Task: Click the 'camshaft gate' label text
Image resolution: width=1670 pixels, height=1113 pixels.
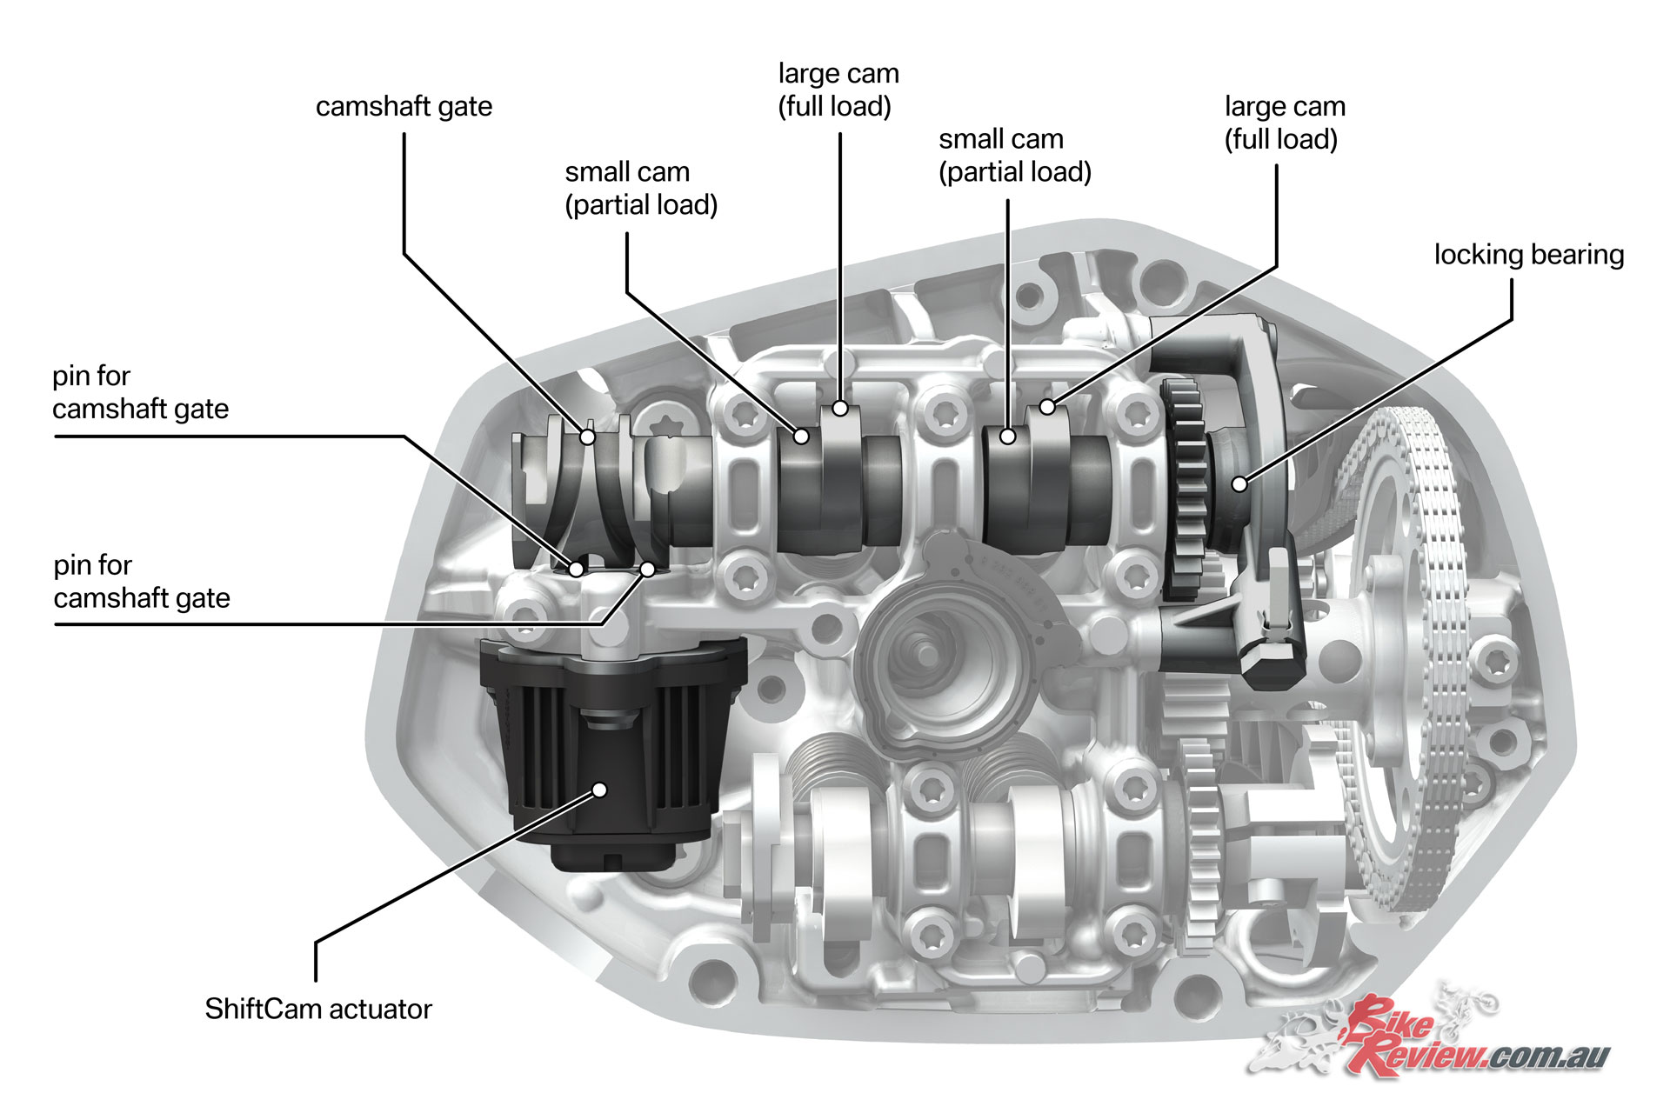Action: point(404,107)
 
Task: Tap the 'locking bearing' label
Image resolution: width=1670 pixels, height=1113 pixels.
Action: point(1529,255)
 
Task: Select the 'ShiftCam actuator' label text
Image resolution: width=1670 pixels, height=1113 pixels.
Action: point(318,1009)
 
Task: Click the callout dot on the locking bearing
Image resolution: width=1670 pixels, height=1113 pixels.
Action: point(1239,483)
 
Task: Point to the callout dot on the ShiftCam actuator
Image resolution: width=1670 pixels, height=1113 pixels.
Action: point(599,790)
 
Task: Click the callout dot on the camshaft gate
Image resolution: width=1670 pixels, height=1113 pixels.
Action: point(588,437)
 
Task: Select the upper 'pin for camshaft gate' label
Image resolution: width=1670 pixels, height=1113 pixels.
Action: point(140,392)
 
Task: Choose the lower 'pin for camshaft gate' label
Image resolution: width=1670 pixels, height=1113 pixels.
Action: point(142,582)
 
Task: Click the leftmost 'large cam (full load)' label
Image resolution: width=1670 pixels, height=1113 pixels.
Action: point(838,90)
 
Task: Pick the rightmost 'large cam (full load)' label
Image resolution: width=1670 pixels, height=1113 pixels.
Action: point(1285,123)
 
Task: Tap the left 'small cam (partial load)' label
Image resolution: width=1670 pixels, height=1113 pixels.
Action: point(641,189)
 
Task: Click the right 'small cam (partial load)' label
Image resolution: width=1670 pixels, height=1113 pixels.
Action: point(1015,156)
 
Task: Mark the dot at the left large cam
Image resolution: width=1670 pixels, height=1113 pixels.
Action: point(840,408)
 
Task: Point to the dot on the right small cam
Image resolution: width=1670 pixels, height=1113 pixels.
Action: point(1008,437)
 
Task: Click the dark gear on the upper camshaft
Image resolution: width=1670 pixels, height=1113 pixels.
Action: point(1185,487)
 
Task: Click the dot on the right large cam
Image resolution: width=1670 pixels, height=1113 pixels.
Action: point(1048,406)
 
